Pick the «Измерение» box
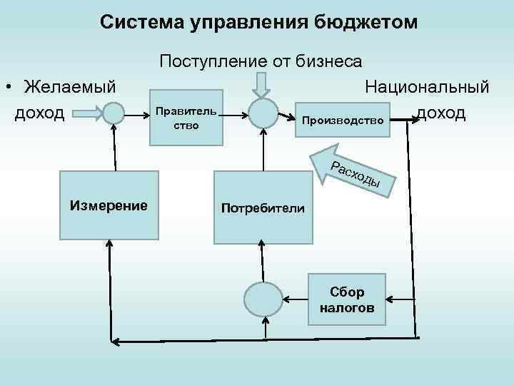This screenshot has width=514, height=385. (109, 206)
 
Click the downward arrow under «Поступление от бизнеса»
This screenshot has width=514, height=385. (261, 83)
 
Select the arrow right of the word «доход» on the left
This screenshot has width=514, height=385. (87, 113)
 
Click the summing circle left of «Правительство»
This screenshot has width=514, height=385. (113, 113)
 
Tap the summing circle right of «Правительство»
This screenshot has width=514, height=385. (263, 113)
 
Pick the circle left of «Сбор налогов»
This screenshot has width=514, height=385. (263, 299)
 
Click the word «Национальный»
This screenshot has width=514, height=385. (427, 87)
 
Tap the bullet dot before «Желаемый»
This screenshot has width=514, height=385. (7, 88)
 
